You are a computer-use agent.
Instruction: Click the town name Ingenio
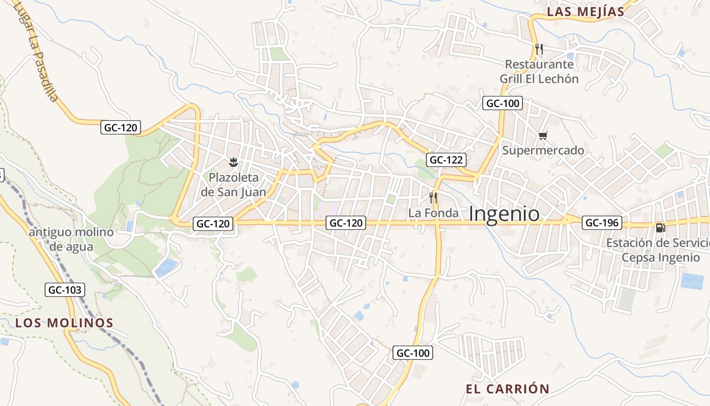tap(504, 214)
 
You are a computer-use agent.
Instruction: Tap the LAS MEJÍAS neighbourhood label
tap(586, 12)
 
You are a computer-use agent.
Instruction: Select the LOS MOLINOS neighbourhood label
tap(64, 323)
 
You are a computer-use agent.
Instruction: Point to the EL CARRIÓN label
tap(508, 389)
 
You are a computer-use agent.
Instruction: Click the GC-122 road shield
tap(446, 160)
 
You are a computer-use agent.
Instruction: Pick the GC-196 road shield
tap(602, 222)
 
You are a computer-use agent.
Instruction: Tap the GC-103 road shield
tap(65, 290)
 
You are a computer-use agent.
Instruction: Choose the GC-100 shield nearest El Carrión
tap(413, 353)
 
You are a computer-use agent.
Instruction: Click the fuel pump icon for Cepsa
tap(660, 228)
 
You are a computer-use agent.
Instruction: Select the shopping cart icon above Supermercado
tap(543, 136)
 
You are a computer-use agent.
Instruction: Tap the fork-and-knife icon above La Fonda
tap(433, 197)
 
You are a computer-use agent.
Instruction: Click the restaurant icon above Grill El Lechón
tap(539, 49)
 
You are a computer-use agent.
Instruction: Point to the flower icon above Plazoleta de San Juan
tap(233, 162)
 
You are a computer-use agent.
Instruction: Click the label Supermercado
tap(543, 151)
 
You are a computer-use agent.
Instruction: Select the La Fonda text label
tap(433, 213)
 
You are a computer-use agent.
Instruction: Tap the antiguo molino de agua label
tap(71, 240)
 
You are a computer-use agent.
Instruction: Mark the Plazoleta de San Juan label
tap(233, 185)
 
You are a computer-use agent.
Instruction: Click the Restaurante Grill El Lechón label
tap(539, 72)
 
